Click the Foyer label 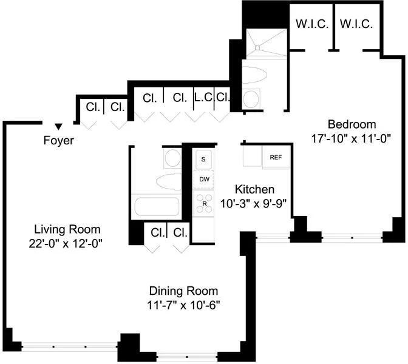[x=59, y=141]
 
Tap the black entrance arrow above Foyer [x=58, y=126]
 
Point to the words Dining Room [x=184, y=291]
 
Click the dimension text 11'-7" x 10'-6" [x=184, y=305]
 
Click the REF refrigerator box [x=276, y=157]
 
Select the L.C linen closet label [x=202, y=97]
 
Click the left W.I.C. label [x=311, y=24]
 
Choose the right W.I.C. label [x=356, y=24]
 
